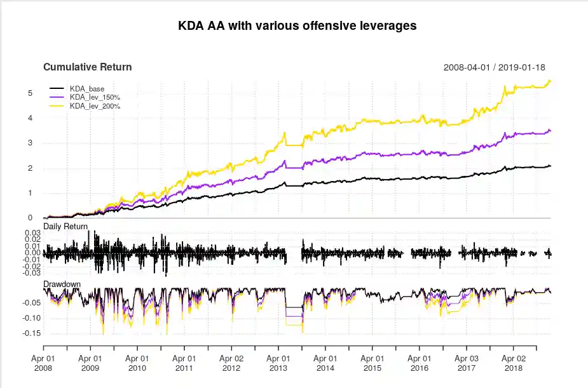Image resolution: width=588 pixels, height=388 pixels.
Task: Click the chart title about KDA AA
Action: (298, 26)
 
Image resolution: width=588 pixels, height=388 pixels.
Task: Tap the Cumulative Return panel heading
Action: (87, 67)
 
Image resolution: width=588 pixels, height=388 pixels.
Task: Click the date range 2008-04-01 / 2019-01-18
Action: (494, 67)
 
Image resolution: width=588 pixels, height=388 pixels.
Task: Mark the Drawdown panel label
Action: (62, 283)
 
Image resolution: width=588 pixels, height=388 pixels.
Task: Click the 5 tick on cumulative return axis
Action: (30, 93)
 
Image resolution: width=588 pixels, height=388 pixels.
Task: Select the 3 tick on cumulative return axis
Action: (30, 143)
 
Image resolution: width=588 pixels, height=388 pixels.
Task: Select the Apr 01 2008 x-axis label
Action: (43, 363)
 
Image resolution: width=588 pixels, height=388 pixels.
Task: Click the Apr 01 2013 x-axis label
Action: (278, 363)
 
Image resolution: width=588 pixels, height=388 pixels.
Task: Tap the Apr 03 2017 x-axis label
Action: (467, 363)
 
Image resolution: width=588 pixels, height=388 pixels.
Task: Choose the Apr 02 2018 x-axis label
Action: (514, 363)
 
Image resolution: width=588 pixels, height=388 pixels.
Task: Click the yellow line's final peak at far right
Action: (549, 81)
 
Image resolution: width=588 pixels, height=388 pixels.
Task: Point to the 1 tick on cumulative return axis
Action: (30, 193)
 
